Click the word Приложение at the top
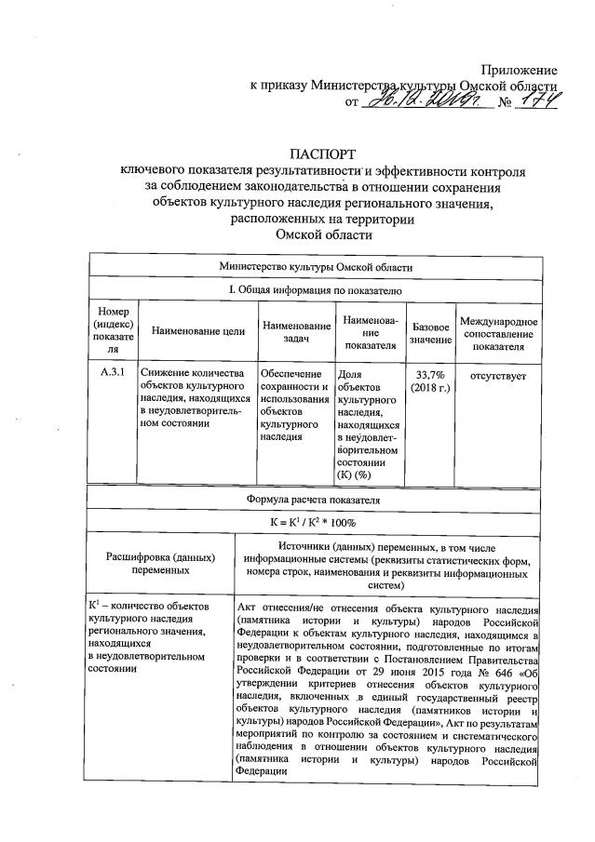[519, 70]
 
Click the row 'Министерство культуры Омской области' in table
[316, 266]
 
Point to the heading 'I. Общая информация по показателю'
[316, 290]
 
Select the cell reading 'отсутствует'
[498, 376]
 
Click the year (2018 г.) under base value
[431, 386]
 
